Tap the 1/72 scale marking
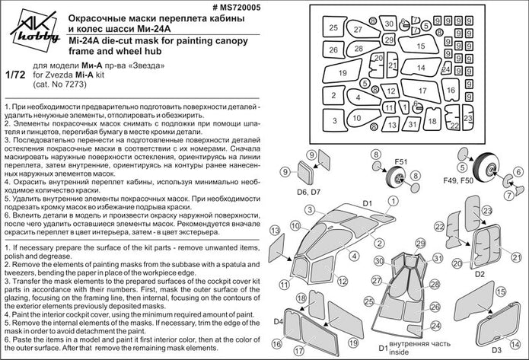pyautogui.click(x=13, y=76)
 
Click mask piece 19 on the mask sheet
pyautogui.click(x=343, y=74)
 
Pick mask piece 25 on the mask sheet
pyautogui.click(x=333, y=27)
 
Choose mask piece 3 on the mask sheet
pyautogui.click(x=333, y=119)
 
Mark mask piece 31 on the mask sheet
pyautogui.click(x=412, y=123)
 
